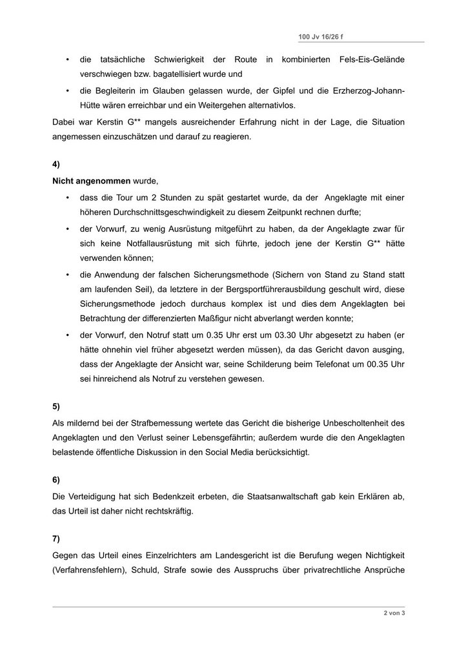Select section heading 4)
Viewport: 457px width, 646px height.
(56, 165)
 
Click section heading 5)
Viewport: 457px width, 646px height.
(56, 406)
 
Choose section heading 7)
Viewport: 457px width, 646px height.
(56, 538)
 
